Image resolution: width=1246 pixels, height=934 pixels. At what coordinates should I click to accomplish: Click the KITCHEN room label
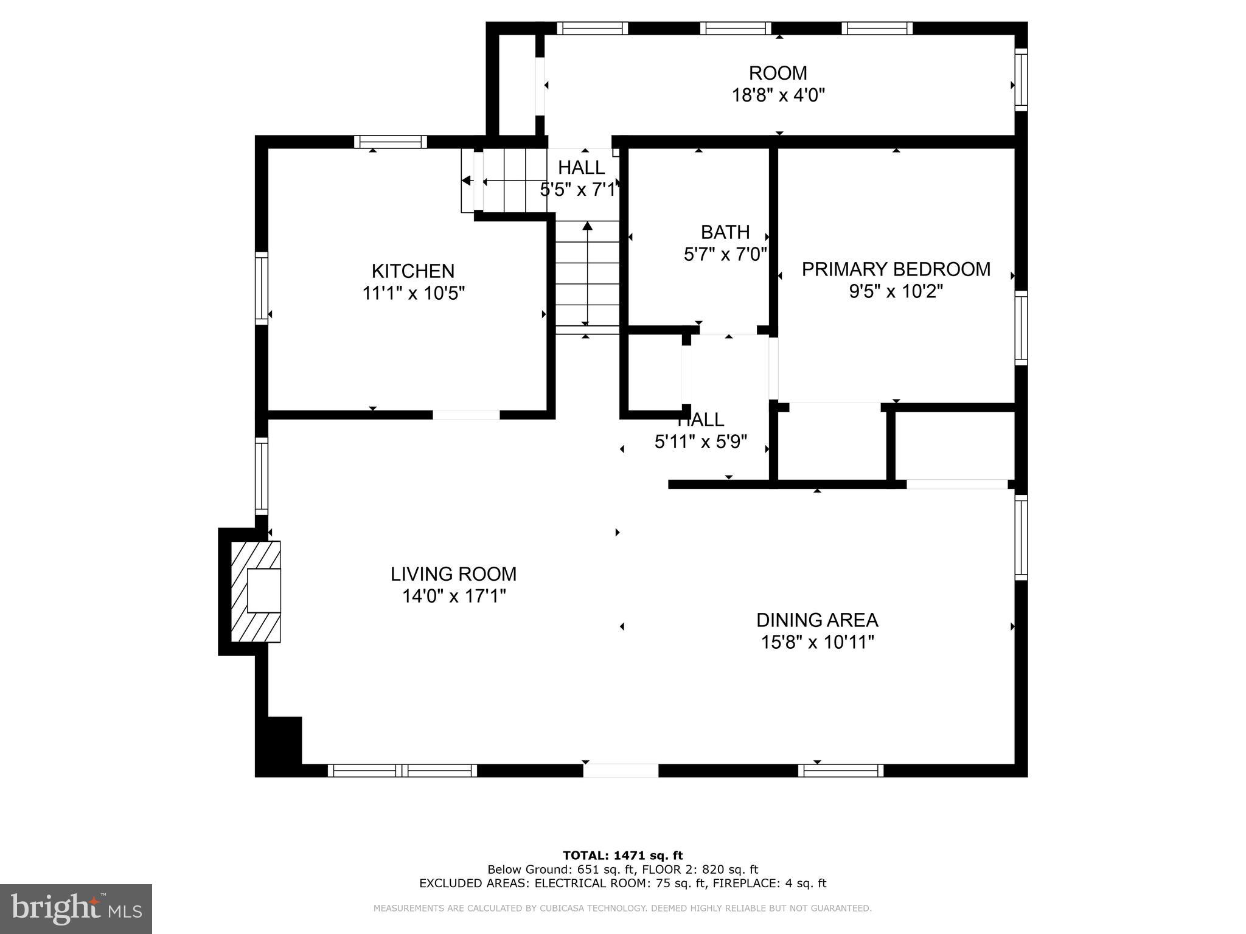(413, 271)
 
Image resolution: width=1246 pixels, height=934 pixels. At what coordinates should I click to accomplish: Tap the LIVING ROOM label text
(453, 573)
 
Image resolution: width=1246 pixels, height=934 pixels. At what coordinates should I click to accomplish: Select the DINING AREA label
(817, 620)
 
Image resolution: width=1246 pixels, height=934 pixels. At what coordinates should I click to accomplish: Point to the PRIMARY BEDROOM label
(896, 269)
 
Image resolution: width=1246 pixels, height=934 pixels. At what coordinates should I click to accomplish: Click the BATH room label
(725, 232)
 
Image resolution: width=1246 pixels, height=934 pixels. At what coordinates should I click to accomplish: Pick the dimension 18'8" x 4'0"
(778, 95)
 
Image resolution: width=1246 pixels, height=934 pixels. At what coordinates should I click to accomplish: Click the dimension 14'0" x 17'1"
(454, 596)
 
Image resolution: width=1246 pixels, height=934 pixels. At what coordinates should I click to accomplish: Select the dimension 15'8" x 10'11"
(817, 642)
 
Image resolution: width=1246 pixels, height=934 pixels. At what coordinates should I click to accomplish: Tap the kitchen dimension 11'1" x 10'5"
(414, 293)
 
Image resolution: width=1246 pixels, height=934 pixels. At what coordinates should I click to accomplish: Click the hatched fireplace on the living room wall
(256, 591)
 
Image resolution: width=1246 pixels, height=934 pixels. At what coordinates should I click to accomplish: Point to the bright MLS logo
(76, 908)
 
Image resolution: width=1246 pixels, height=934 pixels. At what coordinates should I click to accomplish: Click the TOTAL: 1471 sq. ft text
(622, 856)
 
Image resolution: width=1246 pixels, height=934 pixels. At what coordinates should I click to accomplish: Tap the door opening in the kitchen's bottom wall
(466, 415)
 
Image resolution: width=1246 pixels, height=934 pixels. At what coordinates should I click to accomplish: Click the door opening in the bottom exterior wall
(621, 770)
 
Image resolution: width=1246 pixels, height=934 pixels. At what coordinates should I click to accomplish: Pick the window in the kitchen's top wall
(391, 142)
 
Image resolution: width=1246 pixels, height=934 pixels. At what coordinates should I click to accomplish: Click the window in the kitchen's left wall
(261, 288)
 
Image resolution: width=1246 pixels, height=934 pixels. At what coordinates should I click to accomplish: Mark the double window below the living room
(402, 770)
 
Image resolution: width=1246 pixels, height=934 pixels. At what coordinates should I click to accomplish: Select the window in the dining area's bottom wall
(841, 770)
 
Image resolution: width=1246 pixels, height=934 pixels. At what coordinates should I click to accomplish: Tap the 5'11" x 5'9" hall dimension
(701, 441)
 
